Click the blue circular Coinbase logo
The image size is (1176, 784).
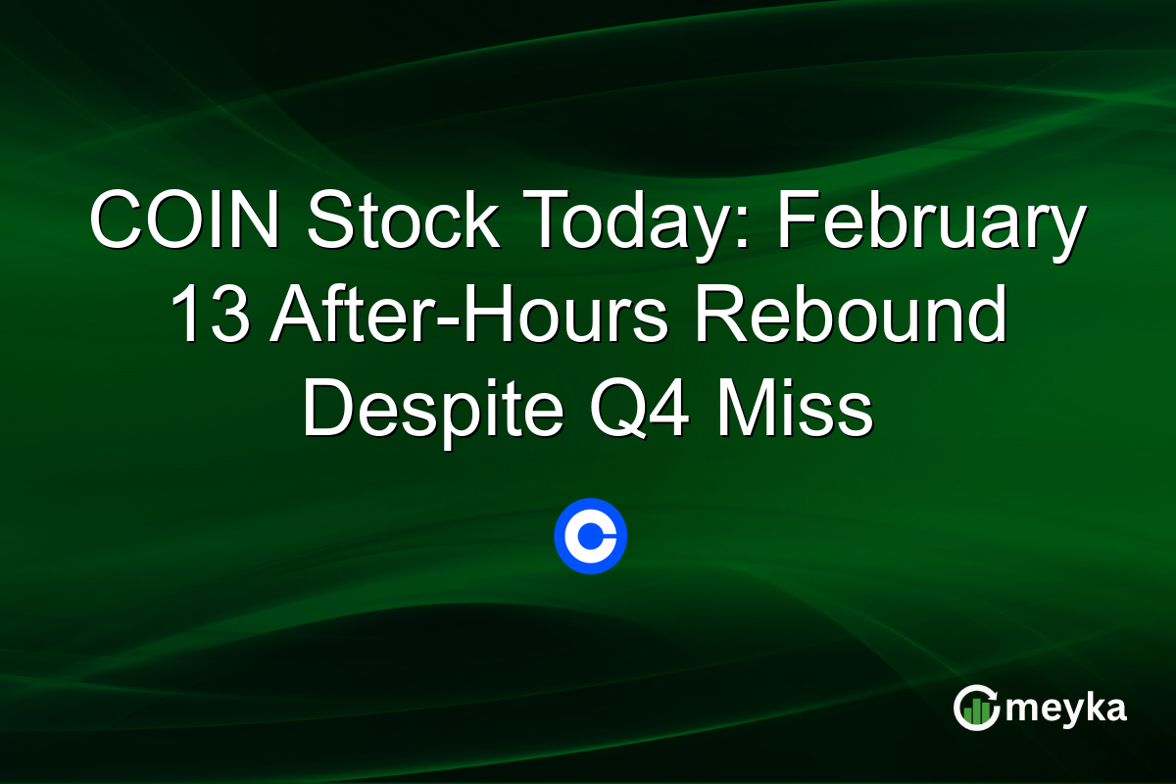[x=590, y=536]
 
